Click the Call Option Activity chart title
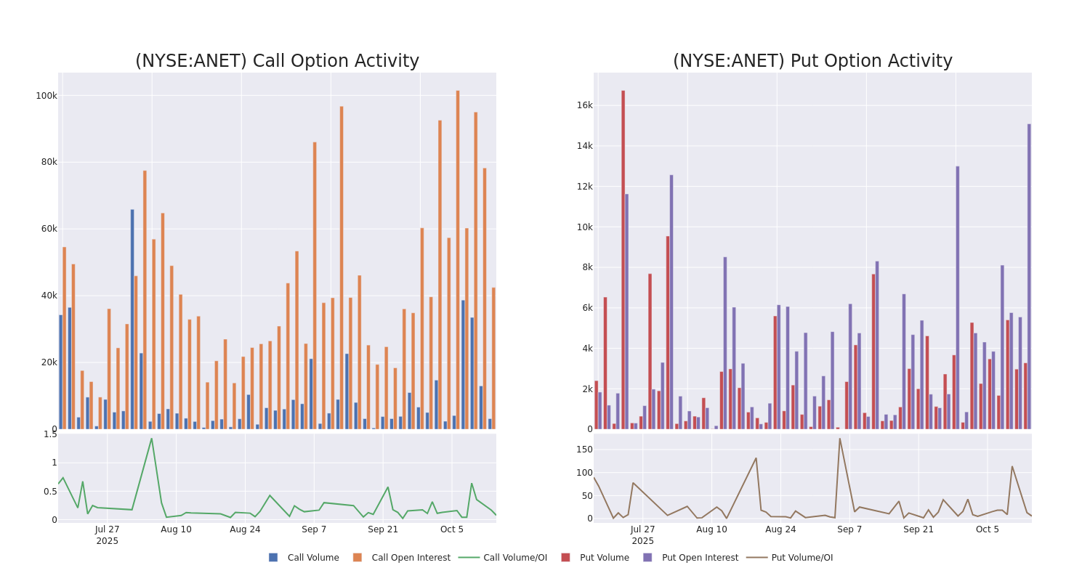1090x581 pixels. pos(277,61)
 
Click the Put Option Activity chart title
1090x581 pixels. pos(812,61)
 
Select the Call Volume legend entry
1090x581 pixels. pos(304,558)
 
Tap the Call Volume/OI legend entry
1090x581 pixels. pos(503,558)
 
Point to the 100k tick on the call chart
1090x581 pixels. pos(47,96)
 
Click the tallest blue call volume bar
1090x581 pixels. pos(132,320)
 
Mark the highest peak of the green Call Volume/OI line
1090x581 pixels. pos(151,438)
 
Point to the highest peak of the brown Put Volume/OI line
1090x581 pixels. pos(839,438)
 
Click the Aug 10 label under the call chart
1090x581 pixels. pos(177,529)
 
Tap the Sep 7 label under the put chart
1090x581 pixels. pos(849,529)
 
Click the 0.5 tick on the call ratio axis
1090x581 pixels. pos(49,492)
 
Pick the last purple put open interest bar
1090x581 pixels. pos(1029,276)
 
